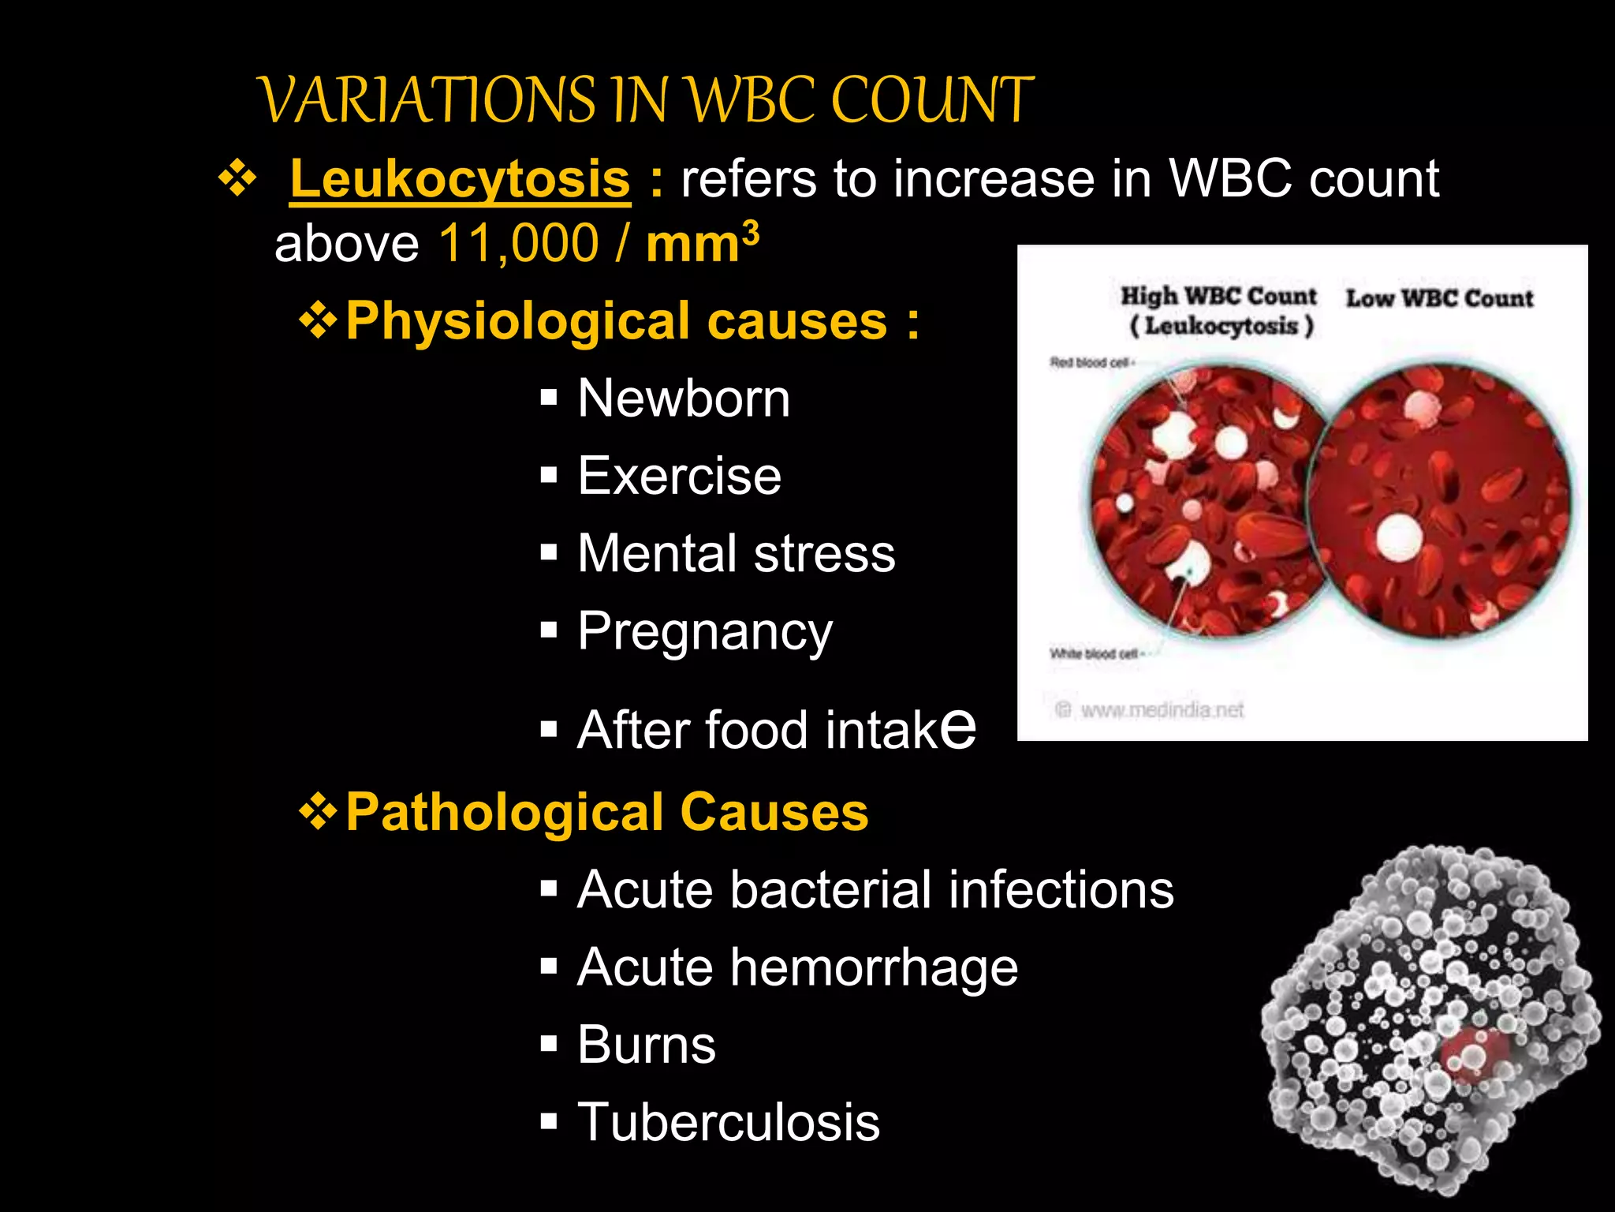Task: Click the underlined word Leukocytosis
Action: pyautogui.click(x=460, y=179)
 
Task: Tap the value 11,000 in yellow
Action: pyautogui.click(x=518, y=243)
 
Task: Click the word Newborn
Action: pyautogui.click(x=683, y=398)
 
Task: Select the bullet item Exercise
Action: pyautogui.click(x=679, y=476)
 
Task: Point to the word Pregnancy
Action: pyautogui.click(x=704, y=632)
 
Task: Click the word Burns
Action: pyautogui.click(x=646, y=1045)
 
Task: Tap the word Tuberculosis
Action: pyautogui.click(x=728, y=1122)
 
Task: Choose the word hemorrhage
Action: pyautogui.click(x=874, y=967)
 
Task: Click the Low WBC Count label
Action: pyautogui.click(x=1439, y=298)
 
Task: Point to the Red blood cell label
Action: pyautogui.click(x=1091, y=363)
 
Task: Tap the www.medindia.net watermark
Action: pyautogui.click(x=1161, y=710)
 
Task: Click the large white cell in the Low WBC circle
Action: pyautogui.click(x=1400, y=538)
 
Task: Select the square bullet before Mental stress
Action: pyautogui.click(x=549, y=553)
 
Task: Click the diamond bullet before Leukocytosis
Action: pyautogui.click(x=237, y=179)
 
